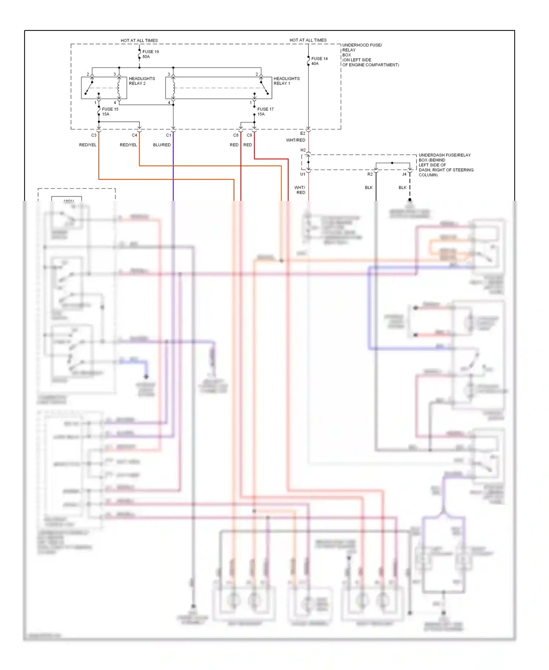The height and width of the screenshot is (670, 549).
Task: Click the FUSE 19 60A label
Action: click(150, 54)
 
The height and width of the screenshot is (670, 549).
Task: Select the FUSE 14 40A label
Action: click(319, 61)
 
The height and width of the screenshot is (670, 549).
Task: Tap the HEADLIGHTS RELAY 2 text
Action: click(142, 81)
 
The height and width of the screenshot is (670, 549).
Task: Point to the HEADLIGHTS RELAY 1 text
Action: click(286, 81)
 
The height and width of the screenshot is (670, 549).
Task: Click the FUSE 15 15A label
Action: click(110, 111)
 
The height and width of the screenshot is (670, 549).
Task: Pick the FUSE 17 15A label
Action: click(265, 111)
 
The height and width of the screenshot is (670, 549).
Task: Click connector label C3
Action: click(94, 135)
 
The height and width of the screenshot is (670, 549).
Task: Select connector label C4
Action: click(134, 135)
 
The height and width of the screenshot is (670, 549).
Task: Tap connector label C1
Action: click(168, 135)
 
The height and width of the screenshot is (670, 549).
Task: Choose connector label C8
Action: click(236, 135)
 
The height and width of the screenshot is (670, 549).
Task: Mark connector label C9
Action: click(249, 135)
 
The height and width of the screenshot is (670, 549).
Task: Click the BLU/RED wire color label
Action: click(162, 145)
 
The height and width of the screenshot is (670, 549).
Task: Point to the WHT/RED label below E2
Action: click(295, 140)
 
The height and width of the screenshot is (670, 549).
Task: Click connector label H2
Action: click(303, 150)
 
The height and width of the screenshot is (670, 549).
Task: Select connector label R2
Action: click(370, 174)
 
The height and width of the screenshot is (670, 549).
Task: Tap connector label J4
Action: click(404, 174)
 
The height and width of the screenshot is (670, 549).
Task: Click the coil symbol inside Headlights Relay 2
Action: click(119, 88)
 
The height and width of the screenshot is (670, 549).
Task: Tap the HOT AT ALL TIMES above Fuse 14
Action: click(308, 40)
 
